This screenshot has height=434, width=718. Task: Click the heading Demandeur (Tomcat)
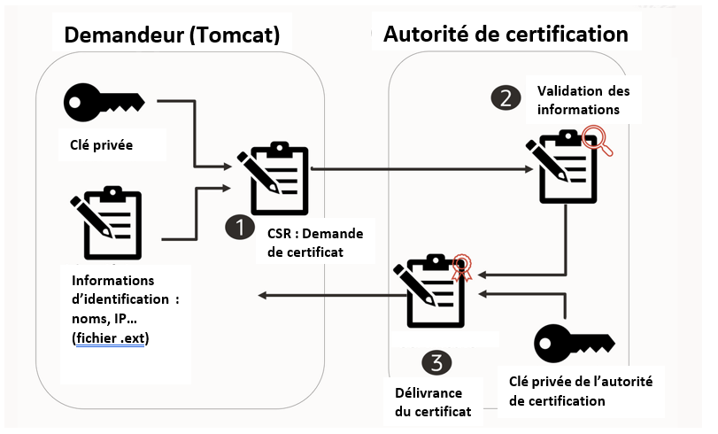point(172,35)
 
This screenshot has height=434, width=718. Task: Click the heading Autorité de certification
point(506,35)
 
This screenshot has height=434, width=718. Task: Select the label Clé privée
point(101,145)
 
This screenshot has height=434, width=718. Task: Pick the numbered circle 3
point(436,361)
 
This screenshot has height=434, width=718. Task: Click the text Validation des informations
point(576,100)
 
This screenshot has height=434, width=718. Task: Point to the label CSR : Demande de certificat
point(315,242)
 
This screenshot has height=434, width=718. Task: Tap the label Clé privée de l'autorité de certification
point(581,391)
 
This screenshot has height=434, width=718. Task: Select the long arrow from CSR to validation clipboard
point(416,167)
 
